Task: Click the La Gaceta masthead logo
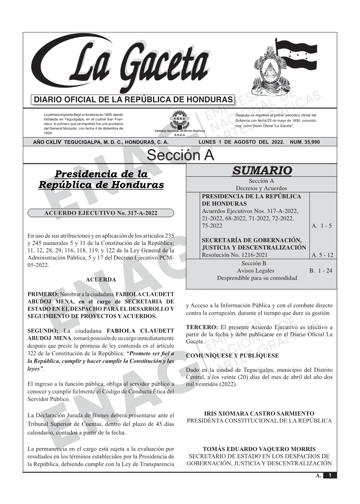pos(122,65)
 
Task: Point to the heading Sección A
pos(180,155)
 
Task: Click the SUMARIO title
pos(262,170)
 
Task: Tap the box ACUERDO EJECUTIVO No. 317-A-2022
pos(101,213)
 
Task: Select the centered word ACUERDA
pos(101,280)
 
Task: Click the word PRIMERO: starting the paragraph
pos(43,294)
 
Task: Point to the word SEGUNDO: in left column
pos(43,331)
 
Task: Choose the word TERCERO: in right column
pos(202,327)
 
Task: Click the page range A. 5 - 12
pos(322,255)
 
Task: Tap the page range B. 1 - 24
pos(321,271)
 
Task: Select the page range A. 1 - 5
pos(322,226)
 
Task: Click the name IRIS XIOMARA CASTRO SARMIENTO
pos(259,413)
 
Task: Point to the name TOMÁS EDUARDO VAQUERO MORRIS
pos(259,449)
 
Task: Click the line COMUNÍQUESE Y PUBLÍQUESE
pos(232,356)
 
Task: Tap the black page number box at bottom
pos(330,475)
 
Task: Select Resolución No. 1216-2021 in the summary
pos(235,255)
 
